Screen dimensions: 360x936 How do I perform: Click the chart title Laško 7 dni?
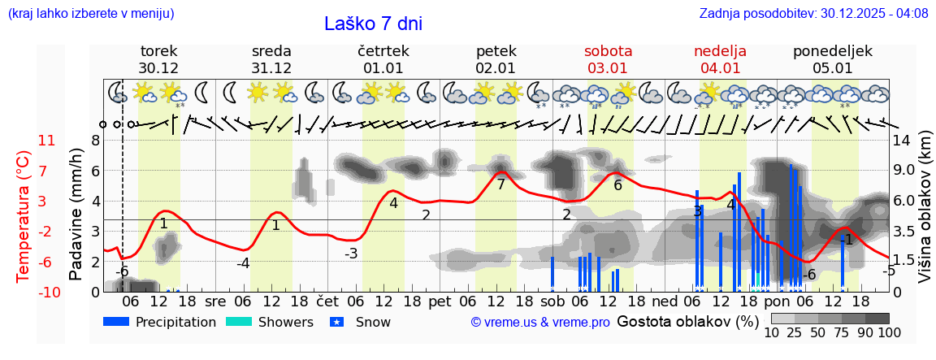[x=373, y=24]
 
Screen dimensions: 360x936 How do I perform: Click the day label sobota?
[x=608, y=51]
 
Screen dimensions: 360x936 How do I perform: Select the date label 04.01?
[x=720, y=68]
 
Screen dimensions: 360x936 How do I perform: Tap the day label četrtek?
[x=383, y=51]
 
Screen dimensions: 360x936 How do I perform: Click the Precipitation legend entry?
[x=160, y=322]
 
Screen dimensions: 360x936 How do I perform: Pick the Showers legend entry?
[x=269, y=322]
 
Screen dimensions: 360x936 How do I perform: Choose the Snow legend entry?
[x=361, y=322]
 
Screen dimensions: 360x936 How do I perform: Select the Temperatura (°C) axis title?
[x=24, y=215]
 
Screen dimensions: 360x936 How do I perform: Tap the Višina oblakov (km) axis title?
[x=925, y=215]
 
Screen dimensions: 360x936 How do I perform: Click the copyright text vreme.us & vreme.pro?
[x=540, y=323]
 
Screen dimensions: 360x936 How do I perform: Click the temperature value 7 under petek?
[x=501, y=184]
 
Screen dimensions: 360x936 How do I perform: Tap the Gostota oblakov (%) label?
[x=688, y=321]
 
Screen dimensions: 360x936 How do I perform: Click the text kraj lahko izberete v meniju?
[x=90, y=13]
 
